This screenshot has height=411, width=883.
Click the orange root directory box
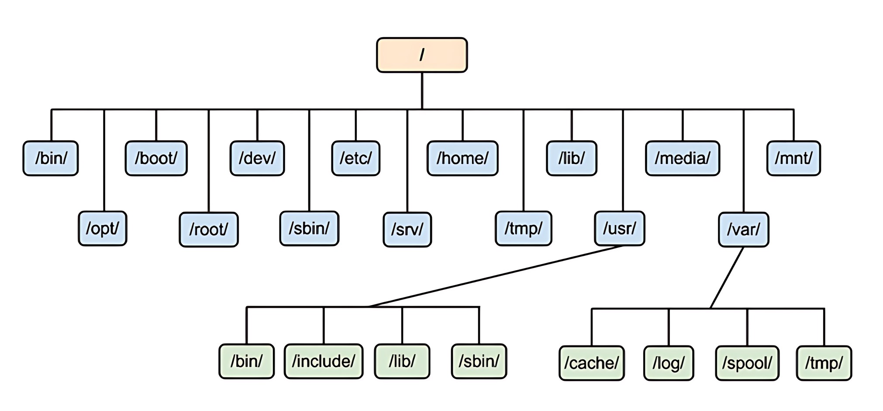[x=422, y=55]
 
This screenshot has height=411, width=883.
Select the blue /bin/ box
[x=51, y=158]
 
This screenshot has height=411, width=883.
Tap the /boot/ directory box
[x=156, y=158]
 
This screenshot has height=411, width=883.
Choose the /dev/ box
[x=257, y=158]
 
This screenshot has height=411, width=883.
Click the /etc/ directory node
[x=356, y=158]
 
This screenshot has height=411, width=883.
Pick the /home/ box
[x=462, y=158]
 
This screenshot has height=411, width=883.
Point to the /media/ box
[x=683, y=158]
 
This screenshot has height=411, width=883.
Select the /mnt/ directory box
[x=793, y=158]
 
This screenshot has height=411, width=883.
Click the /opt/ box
[x=103, y=229]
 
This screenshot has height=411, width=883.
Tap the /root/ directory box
[x=209, y=230]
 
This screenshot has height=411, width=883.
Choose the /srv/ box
[x=407, y=230]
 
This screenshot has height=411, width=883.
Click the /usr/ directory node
[x=620, y=229]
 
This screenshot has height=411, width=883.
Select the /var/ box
[x=744, y=230]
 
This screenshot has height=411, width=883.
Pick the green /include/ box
[x=324, y=361]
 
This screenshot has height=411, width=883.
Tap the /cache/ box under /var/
[x=592, y=363]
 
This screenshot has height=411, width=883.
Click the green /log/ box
[x=669, y=363]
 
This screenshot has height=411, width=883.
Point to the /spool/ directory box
[x=747, y=363]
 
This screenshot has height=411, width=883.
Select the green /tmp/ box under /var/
[x=824, y=363]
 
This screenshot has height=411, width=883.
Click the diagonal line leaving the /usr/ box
[x=496, y=276]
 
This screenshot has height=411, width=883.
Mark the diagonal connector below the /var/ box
[x=727, y=278]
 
